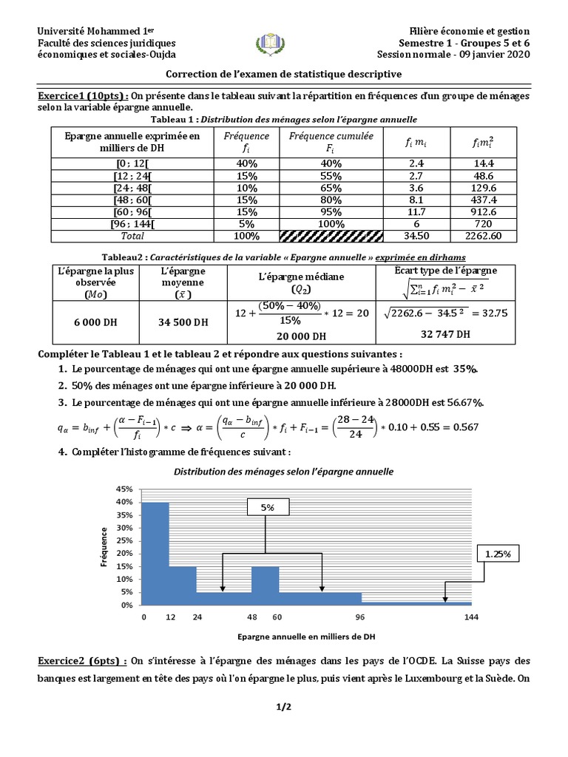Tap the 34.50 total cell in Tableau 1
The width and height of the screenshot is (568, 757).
pyautogui.click(x=417, y=236)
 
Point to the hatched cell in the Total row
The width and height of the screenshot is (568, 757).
pyautogui.click(x=331, y=236)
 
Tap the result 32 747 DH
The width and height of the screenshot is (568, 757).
pyautogui.click(x=446, y=333)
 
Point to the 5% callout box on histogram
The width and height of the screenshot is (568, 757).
pyautogui.click(x=265, y=508)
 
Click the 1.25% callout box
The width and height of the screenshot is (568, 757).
pyautogui.click(x=498, y=553)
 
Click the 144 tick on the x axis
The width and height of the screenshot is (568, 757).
pyautogui.click(x=471, y=617)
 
